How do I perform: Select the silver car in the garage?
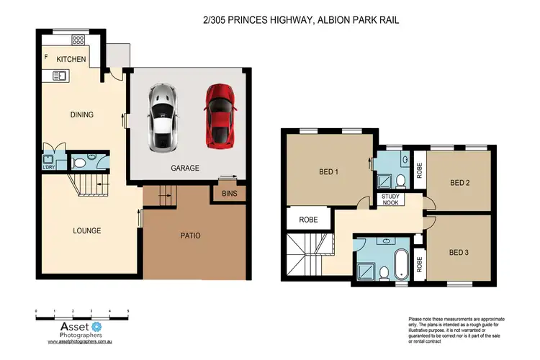(162, 117)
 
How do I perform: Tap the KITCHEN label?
(72, 59)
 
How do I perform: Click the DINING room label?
(81, 114)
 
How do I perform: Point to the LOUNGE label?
(86, 231)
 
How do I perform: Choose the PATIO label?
(191, 235)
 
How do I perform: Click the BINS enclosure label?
(230, 194)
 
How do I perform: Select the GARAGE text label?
(185, 168)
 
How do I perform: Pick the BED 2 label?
(459, 183)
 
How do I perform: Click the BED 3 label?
(459, 252)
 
